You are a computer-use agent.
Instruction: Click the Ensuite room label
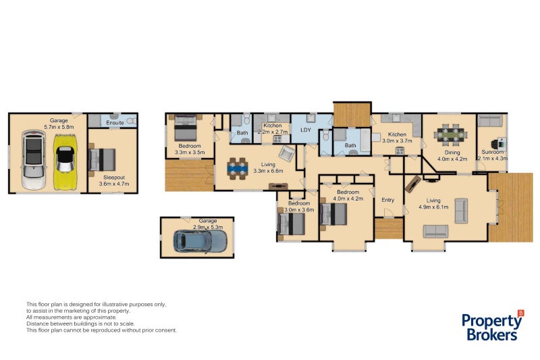tap(115, 124)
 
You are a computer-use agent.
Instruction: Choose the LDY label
tap(306, 129)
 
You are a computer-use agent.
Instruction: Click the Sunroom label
tap(492, 152)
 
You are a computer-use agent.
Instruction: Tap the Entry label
tap(387, 200)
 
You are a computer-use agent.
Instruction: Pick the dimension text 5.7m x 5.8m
tap(59, 126)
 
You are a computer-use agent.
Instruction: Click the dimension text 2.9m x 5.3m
tap(208, 228)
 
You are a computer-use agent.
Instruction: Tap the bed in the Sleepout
tap(103, 160)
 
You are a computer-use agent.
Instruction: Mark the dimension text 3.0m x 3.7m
tap(395, 141)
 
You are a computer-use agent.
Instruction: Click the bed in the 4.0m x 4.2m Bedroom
tap(335, 214)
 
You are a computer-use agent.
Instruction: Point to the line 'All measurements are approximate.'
tap(71, 317)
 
